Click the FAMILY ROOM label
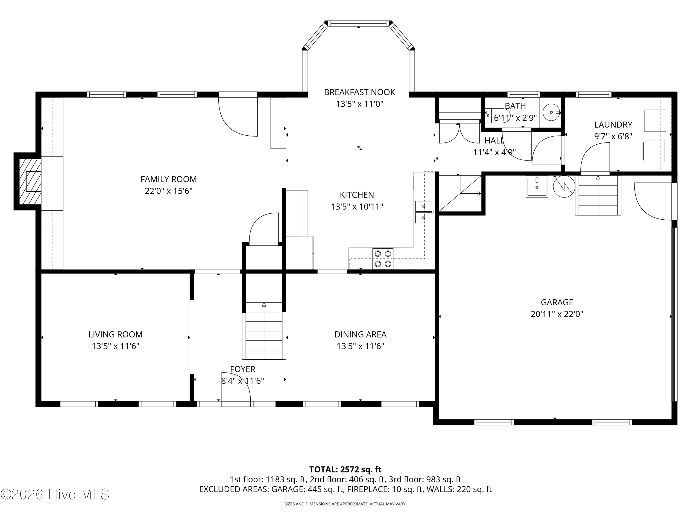pyautogui.click(x=168, y=179)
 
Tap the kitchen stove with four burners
pyautogui.click(x=383, y=259)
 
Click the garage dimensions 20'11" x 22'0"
pyautogui.click(x=557, y=314)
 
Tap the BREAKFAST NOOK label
pyautogui.click(x=360, y=92)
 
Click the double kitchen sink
pyautogui.click(x=423, y=212)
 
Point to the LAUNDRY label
pyautogui.click(x=613, y=125)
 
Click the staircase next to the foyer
pyautogui.click(x=264, y=331)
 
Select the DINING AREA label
pyautogui.click(x=360, y=335)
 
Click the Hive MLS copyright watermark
pyautogui.click(x=55, y=494)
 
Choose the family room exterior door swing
pyautogui.click(x=238, y=116)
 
